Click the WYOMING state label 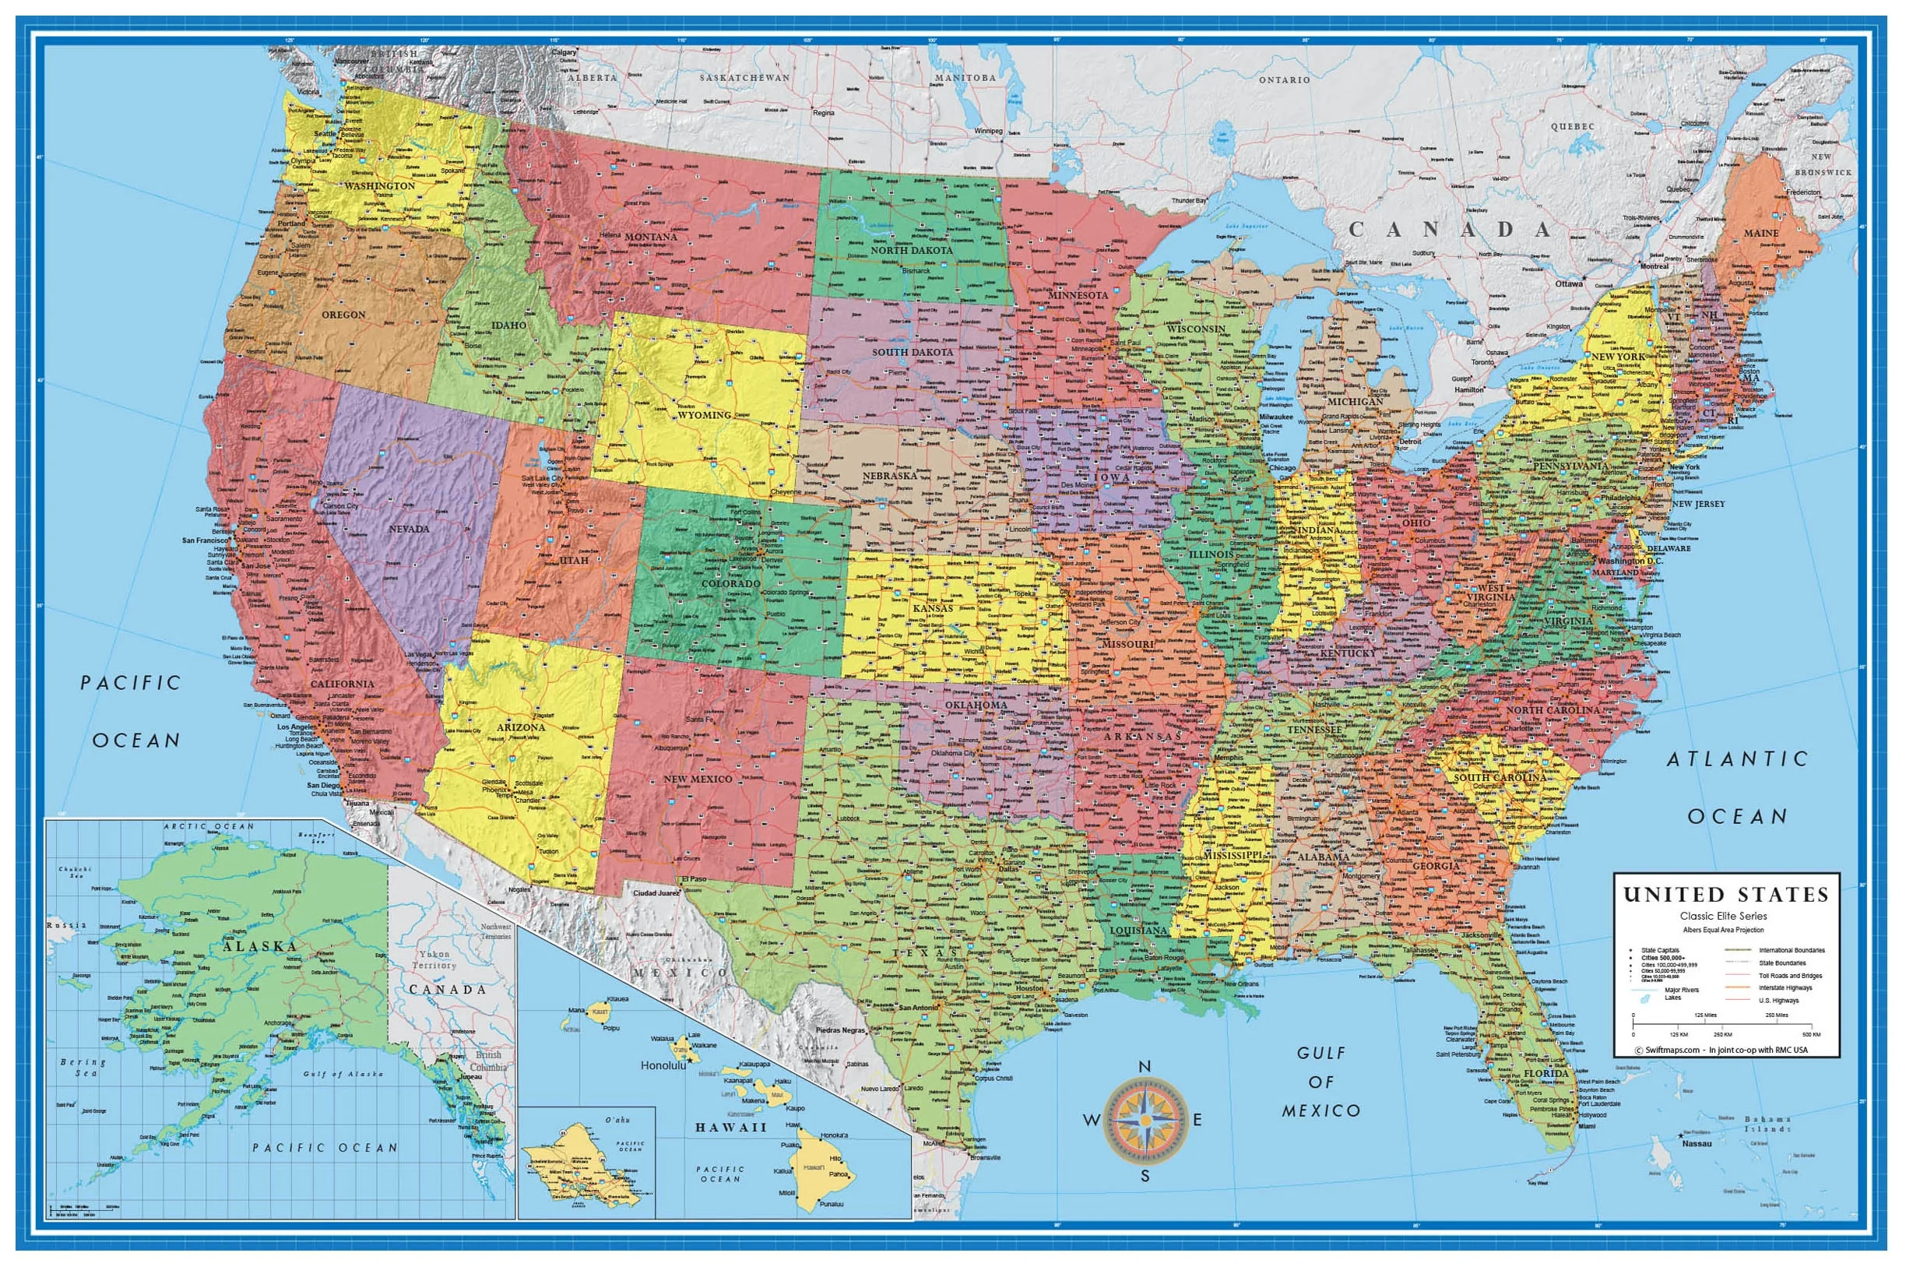click(x=705, y=414)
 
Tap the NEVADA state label click(x=409, y=529)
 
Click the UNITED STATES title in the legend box click(x=1726, y=895)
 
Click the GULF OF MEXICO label click(x=1321, y=1082)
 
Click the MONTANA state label click(x=650, y=237)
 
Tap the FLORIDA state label click(x=1546, y=1075)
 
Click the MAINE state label click(x=1760, y=233)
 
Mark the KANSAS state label click(x=934, y=607)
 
